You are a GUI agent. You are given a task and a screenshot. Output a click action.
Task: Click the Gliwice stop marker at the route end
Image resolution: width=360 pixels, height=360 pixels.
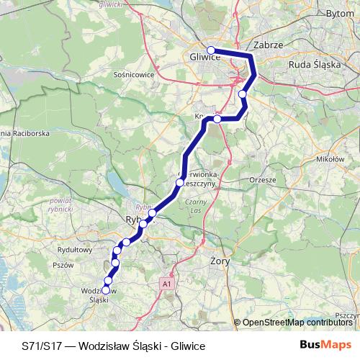(211, 50)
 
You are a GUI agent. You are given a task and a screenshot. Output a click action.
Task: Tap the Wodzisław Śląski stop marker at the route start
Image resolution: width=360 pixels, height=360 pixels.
(106, 290)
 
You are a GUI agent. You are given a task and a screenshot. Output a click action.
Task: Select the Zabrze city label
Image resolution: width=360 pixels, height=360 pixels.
(268, 44)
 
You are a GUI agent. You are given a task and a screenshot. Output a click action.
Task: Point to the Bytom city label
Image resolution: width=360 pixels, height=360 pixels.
(341, 13)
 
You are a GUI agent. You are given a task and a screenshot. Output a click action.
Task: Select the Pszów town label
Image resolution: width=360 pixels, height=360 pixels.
(63, 264)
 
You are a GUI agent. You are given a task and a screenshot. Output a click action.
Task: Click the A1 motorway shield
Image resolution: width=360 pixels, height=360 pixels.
(168, 284)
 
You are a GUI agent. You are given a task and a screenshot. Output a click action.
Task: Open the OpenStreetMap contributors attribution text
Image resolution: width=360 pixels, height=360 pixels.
(297, 323)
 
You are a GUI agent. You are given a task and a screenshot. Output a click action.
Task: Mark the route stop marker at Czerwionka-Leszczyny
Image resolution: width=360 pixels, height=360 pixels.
(180, 183)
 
